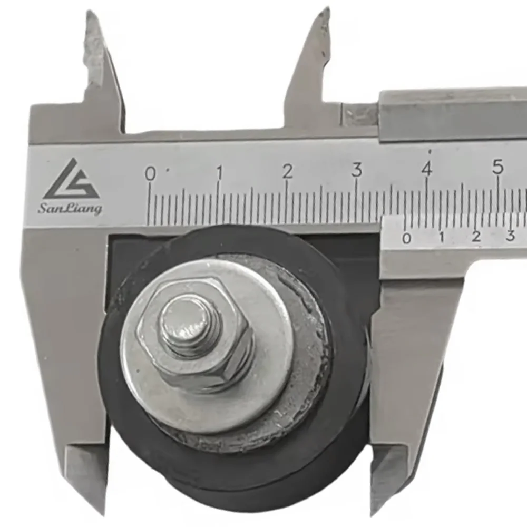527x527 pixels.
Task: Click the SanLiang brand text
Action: pos(70,209)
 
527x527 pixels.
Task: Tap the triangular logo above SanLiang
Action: pos(72,179)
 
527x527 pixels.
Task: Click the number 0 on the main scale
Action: pos(150,173)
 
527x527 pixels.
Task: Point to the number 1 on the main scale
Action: pos(219,172)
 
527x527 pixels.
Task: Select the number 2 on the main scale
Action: pos(287,171)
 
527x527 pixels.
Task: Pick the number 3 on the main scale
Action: pos(357,170)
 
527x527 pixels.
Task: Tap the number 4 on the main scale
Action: pos(426,169)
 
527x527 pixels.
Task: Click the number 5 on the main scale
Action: pos(497,167)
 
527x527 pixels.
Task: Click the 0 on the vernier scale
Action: pos(406,238)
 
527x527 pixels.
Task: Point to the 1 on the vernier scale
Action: pos(442,237)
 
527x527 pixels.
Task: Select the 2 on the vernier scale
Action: pos(476,237)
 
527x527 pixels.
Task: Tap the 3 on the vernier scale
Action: pos(510,236)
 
